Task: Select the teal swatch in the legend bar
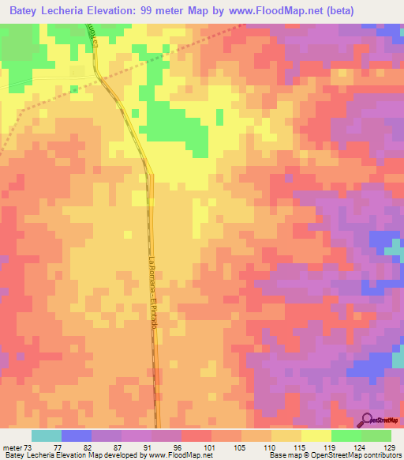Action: coord(46,435)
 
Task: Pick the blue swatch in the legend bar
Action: coord(77,435)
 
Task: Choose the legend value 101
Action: coord(209,447)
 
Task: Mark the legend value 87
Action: coord(119,447)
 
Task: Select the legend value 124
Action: coord(358,447)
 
